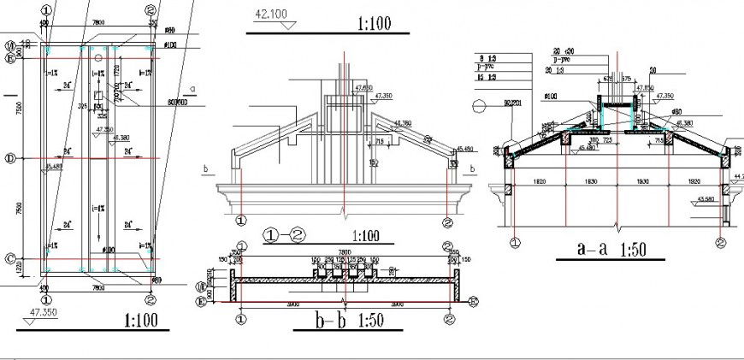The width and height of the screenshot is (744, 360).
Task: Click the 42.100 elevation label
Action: point(269,14)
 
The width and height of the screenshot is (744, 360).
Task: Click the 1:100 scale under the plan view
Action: point(142,322)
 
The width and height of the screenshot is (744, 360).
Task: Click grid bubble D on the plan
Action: point(10,158)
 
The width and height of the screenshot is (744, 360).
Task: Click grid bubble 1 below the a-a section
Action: point(515,242)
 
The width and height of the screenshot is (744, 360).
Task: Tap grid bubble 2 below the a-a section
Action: point(721,242)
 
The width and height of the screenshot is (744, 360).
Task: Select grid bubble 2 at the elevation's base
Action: point(447,221)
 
